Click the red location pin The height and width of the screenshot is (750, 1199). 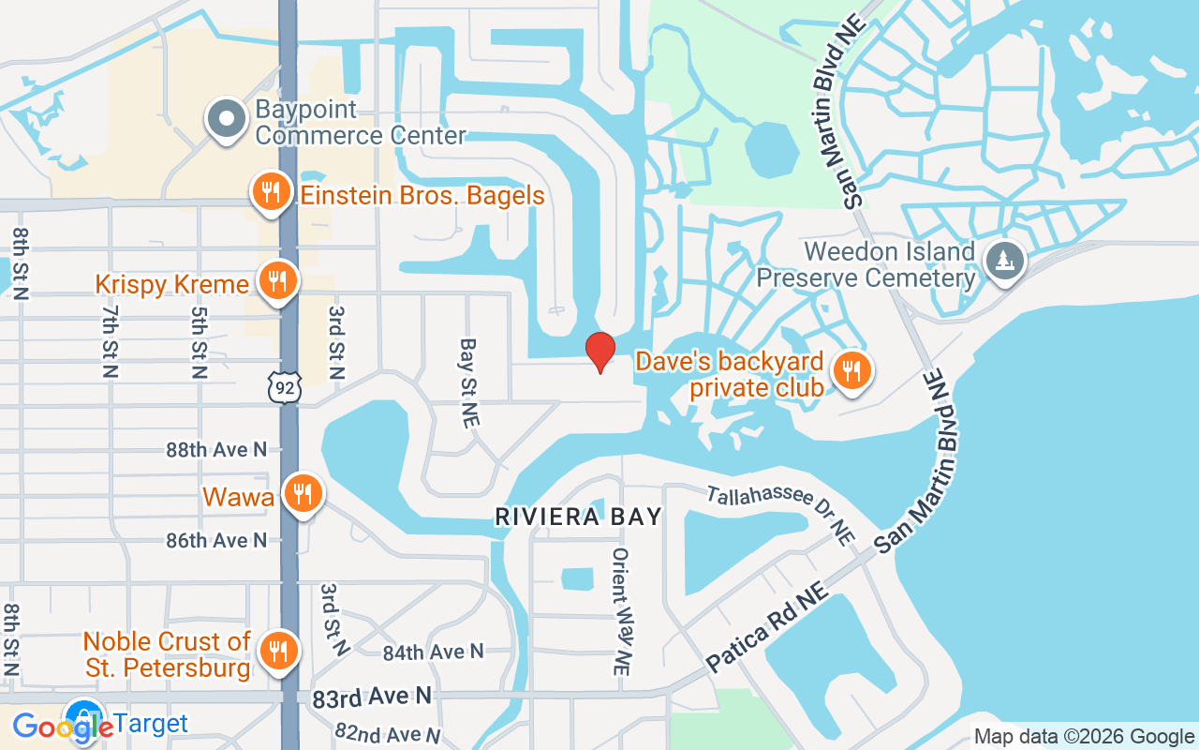click(x=599, y=352)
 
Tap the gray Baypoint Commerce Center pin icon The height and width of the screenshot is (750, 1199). click(x=226, y=121)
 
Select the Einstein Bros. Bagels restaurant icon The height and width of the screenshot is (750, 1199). click(x=271, y=194)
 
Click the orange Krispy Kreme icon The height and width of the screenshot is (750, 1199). click(x=276, y=281)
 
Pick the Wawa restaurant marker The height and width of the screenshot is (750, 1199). click(x=302, y=494)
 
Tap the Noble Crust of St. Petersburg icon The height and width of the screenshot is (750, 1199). click(x=277, y=650)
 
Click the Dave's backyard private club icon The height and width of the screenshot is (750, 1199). click(x=851, y=372)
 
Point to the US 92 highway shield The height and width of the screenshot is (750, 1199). click(x=284, y=386)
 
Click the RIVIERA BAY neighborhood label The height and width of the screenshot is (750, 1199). click(x=578, y=517)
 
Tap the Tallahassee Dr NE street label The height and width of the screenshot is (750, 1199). click(x=781, y=514)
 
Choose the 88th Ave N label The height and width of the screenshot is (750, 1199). click(x=216, y=450)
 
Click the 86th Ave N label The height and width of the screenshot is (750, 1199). click(x=216, y=541)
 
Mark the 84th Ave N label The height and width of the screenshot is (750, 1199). click(x=434, y=651)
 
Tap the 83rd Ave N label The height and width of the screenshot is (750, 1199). click(x=372, y=697)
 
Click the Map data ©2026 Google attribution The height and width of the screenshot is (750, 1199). click(x=1084, y=737)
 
